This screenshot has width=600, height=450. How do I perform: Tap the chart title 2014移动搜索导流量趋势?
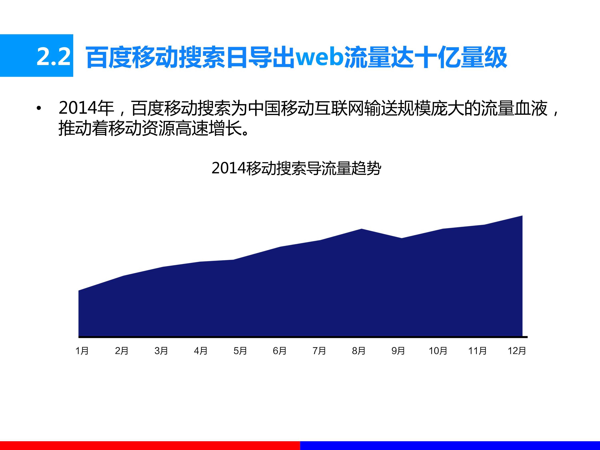tap(296, 168)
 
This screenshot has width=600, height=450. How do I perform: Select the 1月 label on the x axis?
tap(82, 351)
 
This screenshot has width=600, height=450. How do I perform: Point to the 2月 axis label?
tap(121, 351)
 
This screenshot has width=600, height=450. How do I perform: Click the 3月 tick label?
tap(161, 351)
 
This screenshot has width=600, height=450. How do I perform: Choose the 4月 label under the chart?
tap(201, 351)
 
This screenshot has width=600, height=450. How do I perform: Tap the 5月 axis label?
tap(240, 351)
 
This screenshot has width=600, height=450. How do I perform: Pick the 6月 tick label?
tap(280, 351)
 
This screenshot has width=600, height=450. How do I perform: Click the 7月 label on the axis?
tap(319, 351)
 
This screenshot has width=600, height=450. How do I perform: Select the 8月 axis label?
tap(359, 351)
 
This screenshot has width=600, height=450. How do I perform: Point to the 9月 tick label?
tap(398, 351)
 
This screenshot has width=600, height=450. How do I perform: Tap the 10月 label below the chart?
tap(438, 351)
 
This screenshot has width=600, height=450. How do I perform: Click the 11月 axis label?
tap(477, 351)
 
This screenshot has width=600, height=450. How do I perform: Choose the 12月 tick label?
tap(517, 351)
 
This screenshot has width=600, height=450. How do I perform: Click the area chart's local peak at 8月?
tap(362, 229)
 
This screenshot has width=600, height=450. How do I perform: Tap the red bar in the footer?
tap(150, 445)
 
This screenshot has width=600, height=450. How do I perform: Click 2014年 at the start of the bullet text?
tap(86, 108)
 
